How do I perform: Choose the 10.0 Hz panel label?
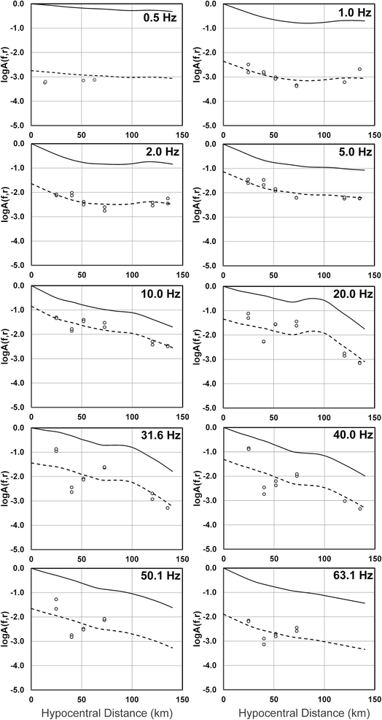pyautogui.click(x=160, y=294)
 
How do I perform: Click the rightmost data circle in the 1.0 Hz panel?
pyautogui.click(x=359, y=69)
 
